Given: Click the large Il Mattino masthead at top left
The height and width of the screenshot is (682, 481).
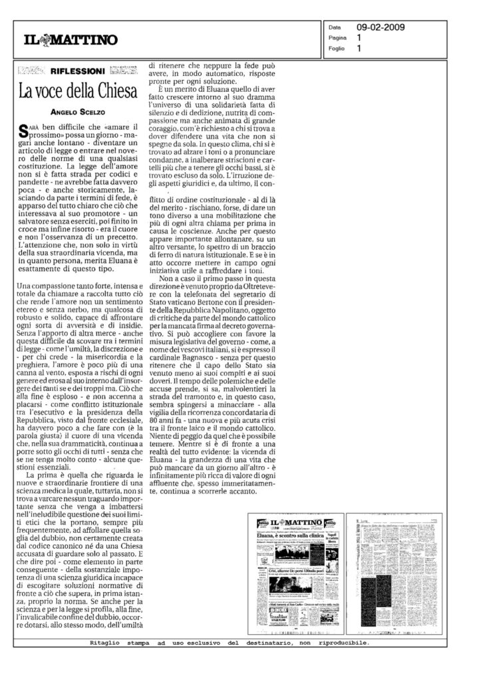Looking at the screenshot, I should [x=67, y=41].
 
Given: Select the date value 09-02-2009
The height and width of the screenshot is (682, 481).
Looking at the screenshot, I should [x=381, y=28].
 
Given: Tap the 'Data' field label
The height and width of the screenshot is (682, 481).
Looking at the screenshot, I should [x=335, y=28].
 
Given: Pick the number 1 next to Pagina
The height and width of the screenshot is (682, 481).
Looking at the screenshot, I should [x=360, y=39].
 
